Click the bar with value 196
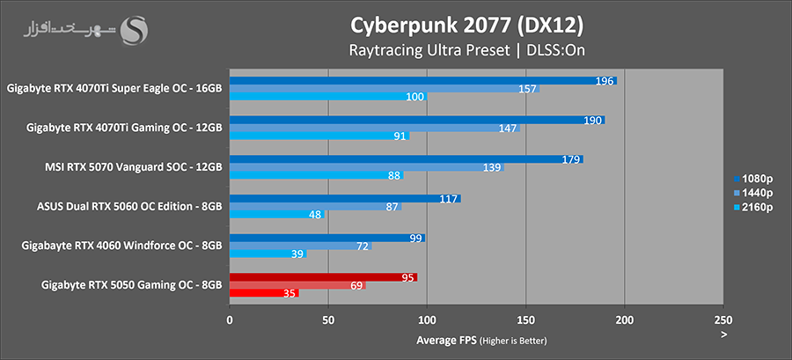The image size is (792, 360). pos(422,81)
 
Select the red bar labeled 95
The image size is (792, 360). pos(323,277)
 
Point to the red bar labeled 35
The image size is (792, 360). pos(264,292)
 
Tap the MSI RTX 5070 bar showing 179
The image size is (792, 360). pos(406,159)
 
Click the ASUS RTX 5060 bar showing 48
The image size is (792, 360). pos(276,214)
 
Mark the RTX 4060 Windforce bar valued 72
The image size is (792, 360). pos(300,246)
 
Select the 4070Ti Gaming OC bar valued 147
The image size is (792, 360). pos(374,129)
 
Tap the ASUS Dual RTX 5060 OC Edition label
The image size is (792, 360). pos(129,206)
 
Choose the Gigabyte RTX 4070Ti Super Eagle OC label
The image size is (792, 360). pos(114,88)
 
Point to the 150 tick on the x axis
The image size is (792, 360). pos(525,321)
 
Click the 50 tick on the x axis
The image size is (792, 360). pos(328,321)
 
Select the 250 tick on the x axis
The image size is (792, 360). pos(722,321)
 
